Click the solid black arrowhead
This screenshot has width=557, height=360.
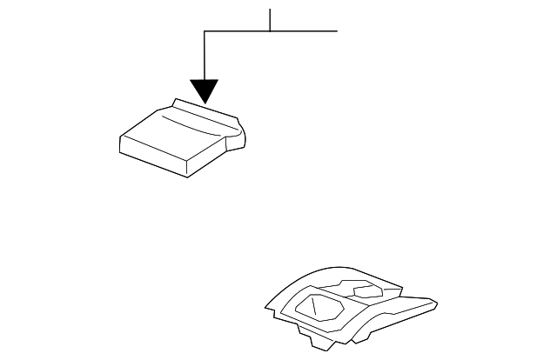[x=205, y=90]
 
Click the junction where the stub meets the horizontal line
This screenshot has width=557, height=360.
[x=270, y=31]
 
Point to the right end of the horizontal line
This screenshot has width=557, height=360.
[x=336, y=31]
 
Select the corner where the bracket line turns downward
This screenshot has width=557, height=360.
[x=205, y=31]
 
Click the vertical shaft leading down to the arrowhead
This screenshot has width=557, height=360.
[x=205, y=57]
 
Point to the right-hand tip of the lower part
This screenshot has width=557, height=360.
[x=434, y=305]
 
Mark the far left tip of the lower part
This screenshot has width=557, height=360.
[x=266, y=305]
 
